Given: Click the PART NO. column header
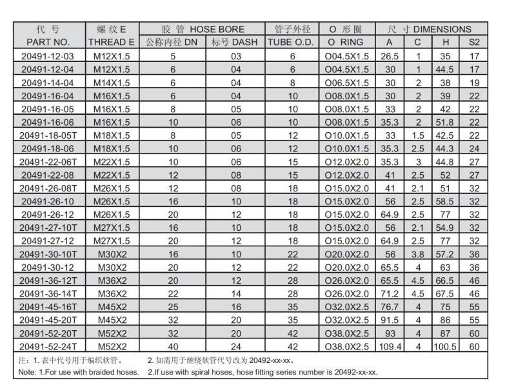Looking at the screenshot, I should click(50, 42).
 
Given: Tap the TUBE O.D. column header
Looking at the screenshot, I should click(292, 42).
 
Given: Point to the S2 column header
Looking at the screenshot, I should click(475, 42).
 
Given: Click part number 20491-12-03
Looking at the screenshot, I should click(50, 56).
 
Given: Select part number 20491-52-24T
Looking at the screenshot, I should click(50, 346).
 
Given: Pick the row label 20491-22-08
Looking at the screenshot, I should click(50, 175).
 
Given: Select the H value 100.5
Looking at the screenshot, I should click(446, 346).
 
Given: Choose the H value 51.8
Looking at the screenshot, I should click(446, 122).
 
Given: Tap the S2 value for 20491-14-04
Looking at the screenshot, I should click(475, 83).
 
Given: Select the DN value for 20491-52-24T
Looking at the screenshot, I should click(172, 346).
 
